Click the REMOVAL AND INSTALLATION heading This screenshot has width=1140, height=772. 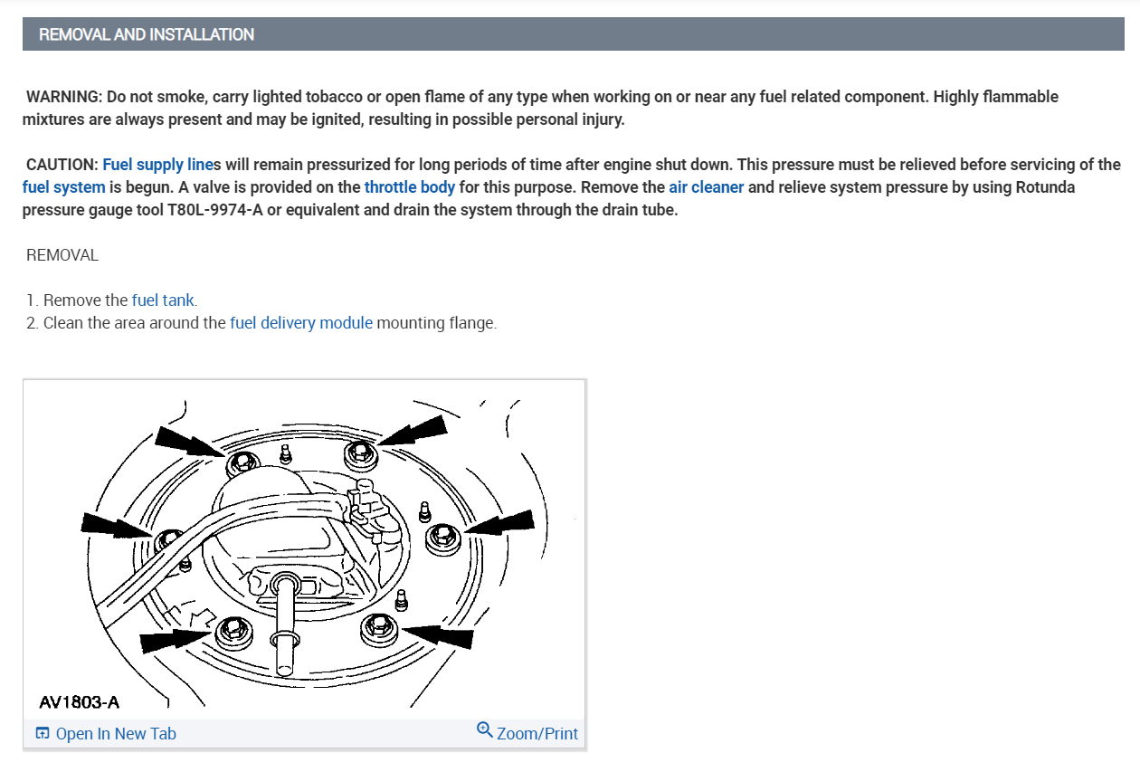pyautogui.click(x=147, y=34)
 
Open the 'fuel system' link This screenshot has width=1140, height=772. pyautogui.click(x=63, y=187)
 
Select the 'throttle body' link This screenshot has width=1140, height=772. pyautogui.click(x=410, y=187)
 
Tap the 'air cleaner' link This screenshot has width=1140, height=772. pyautogui.click(x=707, y=187)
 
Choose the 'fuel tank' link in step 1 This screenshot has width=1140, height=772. pyautogui.click(x=163, y=300)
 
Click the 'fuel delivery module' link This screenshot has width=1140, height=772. pyautogui.click(x=301, y=322)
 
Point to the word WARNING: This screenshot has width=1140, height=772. pyautogui.click(x=62, y=96)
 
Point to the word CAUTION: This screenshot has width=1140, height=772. pyautogui.click(x=62, y=165)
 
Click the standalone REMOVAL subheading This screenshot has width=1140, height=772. pyautogui.click(x=62, y=254)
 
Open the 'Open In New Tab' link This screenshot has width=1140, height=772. pyautogui.click(x=116, y=733)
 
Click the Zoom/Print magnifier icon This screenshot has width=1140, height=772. pyautogui.click(x=484, y=729)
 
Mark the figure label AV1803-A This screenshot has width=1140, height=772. pyautogui.click(x=80, y=701)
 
